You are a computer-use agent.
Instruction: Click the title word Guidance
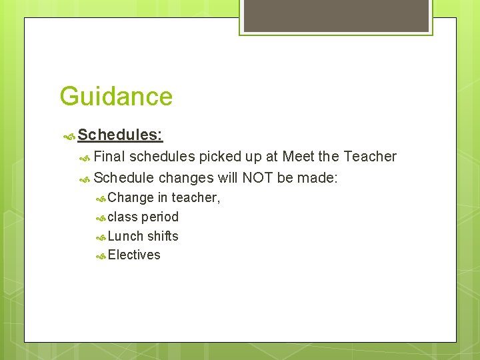point(116,97)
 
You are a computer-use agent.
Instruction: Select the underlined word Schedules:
point(120,135)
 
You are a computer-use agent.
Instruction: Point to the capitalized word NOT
point(257,178)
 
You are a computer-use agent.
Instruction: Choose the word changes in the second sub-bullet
point(186,178)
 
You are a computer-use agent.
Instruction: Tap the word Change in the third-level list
point(131,197)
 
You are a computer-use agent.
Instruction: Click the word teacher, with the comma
point(196,197)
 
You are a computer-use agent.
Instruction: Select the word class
point(123,217)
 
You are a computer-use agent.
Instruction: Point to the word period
point(160,217)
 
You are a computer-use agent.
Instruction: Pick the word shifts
point(163,236)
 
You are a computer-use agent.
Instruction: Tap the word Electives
point(134,255)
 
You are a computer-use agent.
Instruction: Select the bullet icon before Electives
point(101,255)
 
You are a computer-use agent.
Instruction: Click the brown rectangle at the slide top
point(336,15)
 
